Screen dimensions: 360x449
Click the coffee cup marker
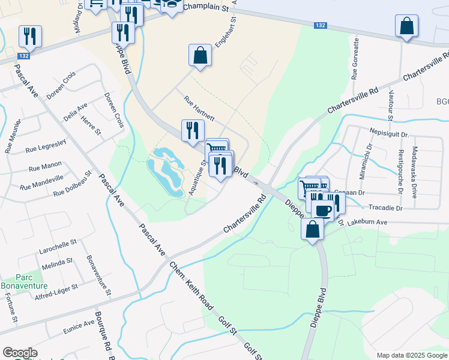(322, 210)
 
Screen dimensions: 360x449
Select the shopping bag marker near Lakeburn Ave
(312, 230)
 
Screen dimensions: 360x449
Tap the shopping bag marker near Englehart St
(200, 56)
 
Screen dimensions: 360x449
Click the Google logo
(20, 353)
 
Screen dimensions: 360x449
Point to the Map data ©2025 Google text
(412, 355)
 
